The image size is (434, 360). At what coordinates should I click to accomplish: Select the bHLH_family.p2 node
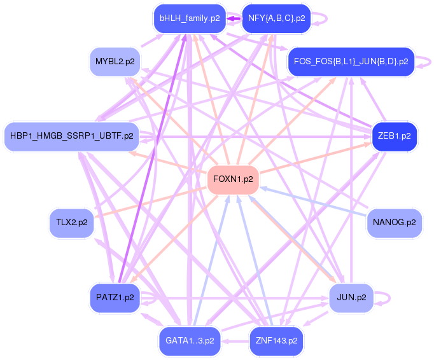coord(189,18)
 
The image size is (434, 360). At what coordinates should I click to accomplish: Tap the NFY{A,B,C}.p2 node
coord(276,18)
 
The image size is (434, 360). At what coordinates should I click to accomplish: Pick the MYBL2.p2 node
coord(115,62)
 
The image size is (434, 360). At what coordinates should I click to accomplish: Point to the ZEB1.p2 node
coord(394,136)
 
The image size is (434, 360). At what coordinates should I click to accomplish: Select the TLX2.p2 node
coord(71,223)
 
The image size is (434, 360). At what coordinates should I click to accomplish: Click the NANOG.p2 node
coord(394,223)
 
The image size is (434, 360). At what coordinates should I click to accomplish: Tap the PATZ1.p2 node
coord(115,298)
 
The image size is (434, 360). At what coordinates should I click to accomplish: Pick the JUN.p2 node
coord(351,298)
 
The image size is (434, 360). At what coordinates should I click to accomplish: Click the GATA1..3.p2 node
coord(190,341)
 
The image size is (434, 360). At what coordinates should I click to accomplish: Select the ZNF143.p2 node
coord(276,341)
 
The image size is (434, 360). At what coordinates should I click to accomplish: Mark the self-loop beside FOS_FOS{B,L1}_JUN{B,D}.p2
coord(426,62)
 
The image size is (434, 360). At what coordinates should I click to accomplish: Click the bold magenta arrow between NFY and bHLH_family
coord(234,18)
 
